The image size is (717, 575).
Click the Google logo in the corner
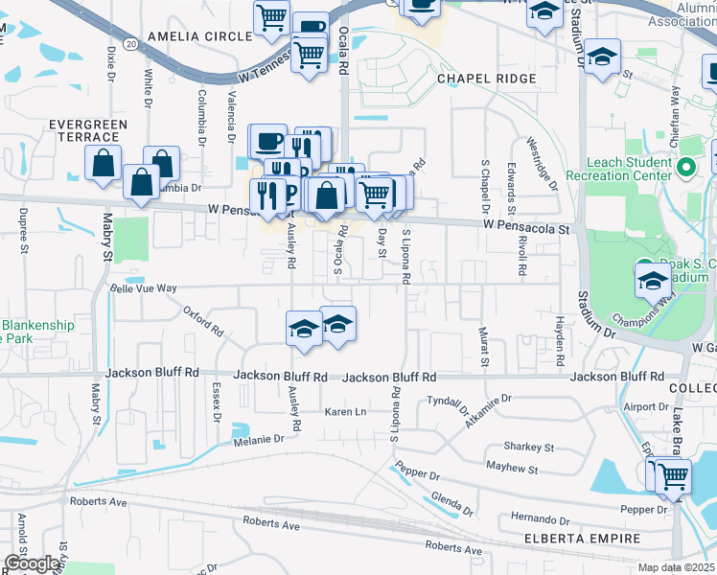point(32,563)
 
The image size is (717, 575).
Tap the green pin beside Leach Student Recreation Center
point(685,169)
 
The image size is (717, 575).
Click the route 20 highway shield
point(130,44)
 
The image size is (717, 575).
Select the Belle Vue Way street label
point(144,287)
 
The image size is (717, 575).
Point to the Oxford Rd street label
point(203,322)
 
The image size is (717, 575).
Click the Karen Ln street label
point(346,412)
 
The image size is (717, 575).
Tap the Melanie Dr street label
point(259,439)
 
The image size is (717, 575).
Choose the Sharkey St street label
point(529,448)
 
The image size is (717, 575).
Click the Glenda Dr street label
point(452,501)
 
